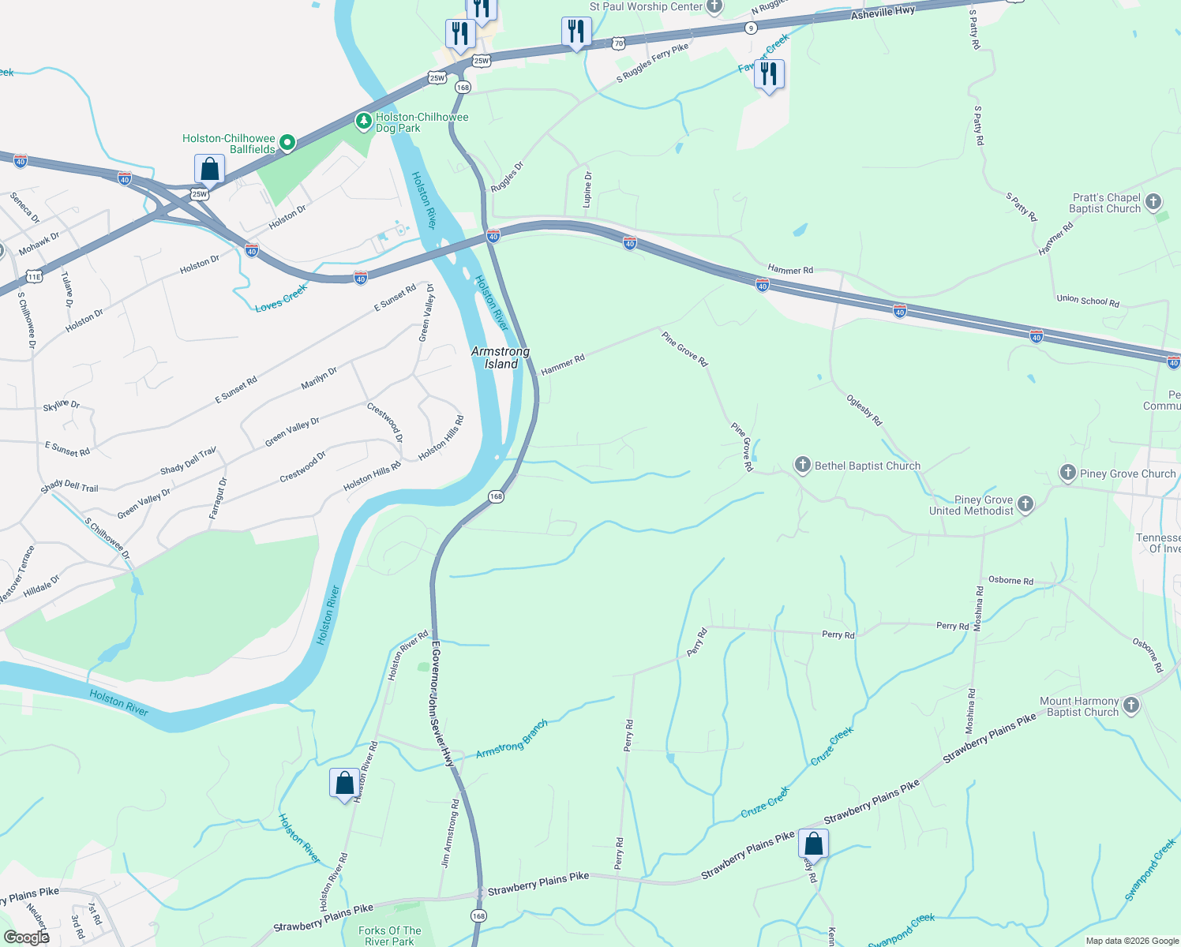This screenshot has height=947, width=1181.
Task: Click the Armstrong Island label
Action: tap(501, 357)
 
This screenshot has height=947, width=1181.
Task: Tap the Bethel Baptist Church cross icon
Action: tap(803, 465)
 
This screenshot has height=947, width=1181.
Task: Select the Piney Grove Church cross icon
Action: tap(1068, 473)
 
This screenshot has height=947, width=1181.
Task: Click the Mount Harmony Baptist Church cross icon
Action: tap(1131, 706)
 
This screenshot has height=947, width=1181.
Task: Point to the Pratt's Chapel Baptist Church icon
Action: tap(1153, 202)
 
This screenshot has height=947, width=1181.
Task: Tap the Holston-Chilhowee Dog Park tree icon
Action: tap(363, 122)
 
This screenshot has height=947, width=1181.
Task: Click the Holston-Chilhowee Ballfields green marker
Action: tap(288, 143)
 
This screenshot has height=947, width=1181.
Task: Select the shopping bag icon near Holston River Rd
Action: tap(344, 784)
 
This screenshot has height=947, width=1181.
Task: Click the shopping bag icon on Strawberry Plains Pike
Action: tap(813, 844)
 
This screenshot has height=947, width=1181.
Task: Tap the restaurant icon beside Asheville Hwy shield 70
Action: tap(576, 32)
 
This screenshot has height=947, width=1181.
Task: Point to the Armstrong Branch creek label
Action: tap(512, 739)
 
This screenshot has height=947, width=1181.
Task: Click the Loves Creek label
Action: tap(281, 298)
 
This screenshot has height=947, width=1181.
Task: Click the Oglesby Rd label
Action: tap(864, 410)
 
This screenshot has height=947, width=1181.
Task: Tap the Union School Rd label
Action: tap(1088, 301)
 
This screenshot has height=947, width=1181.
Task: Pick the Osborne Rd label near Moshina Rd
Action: tap(1010, 580)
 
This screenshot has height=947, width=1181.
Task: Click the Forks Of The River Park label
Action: tap(390, 936)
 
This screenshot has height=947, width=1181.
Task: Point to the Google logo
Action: tap(27, 938)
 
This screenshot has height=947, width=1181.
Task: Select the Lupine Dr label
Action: tap(587, 189)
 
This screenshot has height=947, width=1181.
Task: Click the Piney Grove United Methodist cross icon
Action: tap(1025, 504)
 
